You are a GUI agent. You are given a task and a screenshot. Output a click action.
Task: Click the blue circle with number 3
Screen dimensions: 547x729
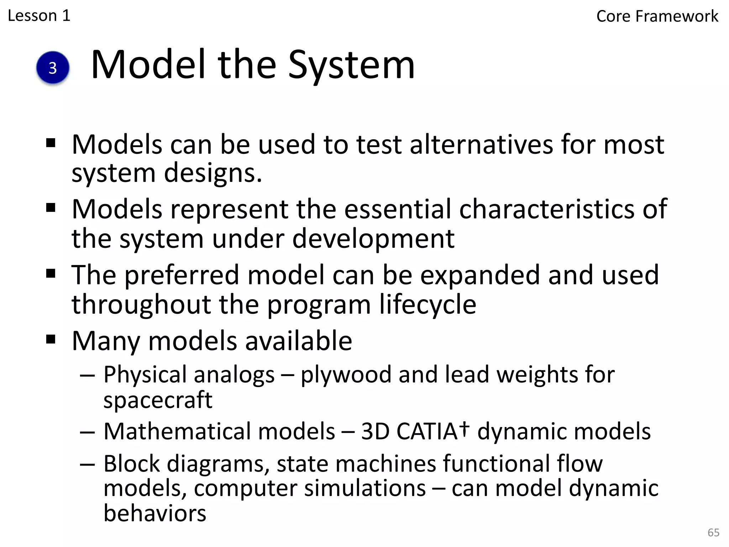point(53,68)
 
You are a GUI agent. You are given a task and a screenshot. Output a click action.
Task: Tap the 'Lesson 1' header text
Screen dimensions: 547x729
point(39,16)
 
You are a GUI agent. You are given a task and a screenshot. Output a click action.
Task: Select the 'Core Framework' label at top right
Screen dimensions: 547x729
point(657,16)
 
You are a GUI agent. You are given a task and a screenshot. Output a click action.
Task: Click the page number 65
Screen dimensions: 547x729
point(713,532)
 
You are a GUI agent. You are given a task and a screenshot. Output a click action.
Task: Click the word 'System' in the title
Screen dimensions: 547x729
point(351,65)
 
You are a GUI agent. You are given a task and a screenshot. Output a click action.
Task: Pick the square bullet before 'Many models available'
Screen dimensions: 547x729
point(51,339)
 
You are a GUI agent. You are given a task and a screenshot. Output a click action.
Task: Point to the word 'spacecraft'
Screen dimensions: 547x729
point(158,400)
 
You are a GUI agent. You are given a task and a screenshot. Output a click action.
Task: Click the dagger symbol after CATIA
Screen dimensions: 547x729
point(464,428)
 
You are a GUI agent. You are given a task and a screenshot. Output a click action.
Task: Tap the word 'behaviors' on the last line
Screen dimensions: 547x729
point(155,513)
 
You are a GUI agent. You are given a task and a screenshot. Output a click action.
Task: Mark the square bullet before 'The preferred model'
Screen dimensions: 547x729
point(51,274)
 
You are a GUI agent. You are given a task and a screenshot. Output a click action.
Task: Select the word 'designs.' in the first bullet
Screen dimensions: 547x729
point(213,173)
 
